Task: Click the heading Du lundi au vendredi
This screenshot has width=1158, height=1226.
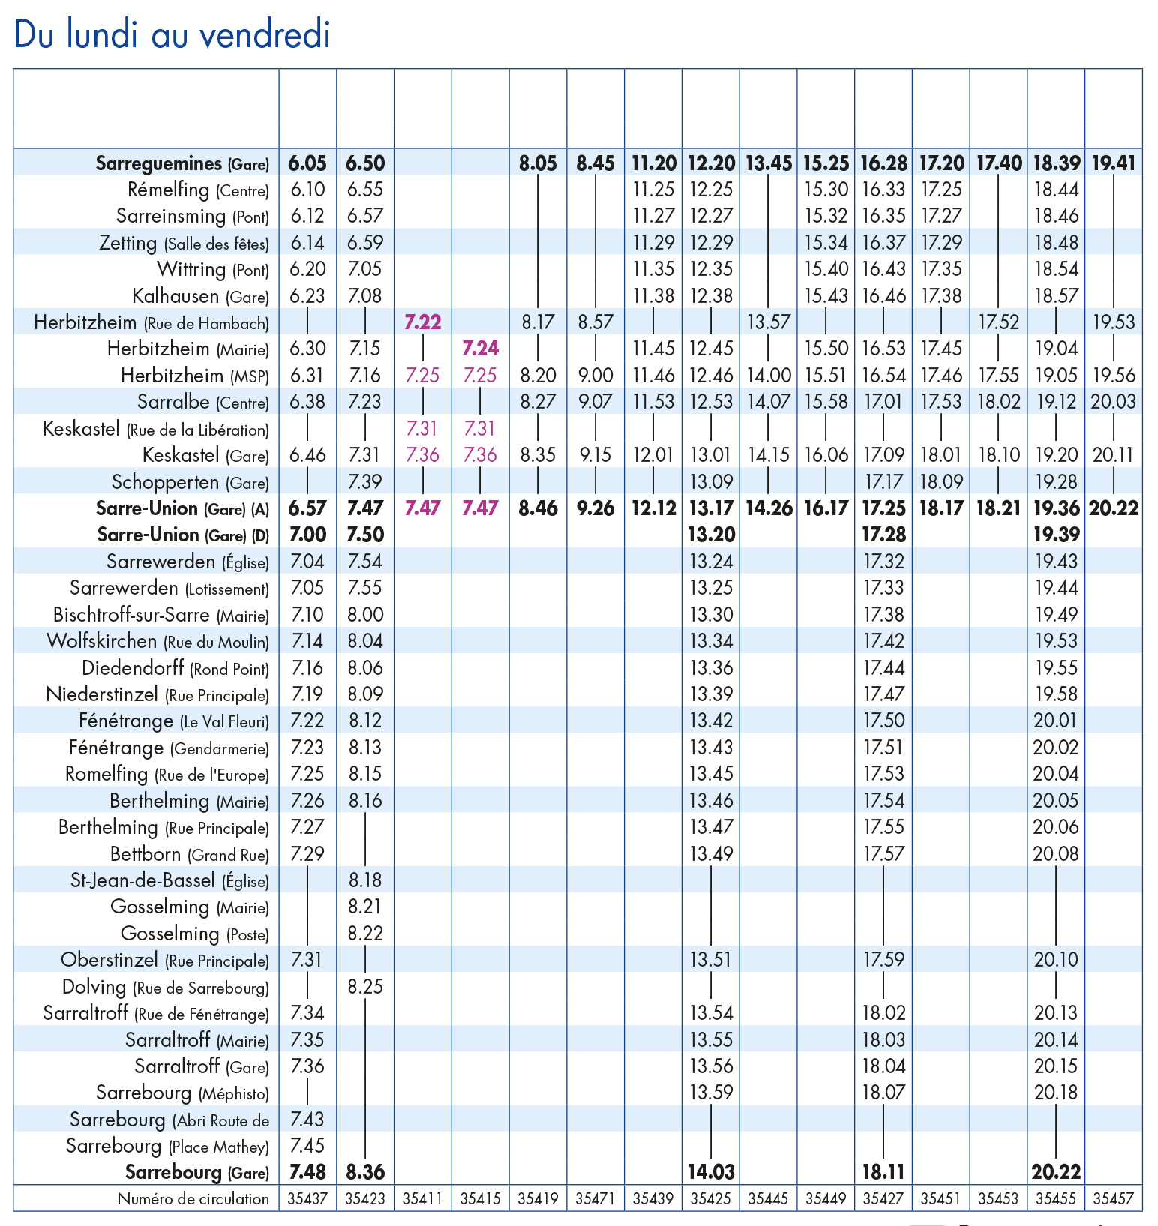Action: pos(172,34)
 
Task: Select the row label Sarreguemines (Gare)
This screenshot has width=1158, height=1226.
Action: pos(181,163)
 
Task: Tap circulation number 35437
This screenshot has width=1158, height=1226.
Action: pos(307,1198)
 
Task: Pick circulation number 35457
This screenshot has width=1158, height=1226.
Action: pos(1113,1198)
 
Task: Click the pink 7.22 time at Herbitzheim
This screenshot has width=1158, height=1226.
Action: pos(422,322)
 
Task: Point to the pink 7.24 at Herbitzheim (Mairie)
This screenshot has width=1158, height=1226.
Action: pos(480,349)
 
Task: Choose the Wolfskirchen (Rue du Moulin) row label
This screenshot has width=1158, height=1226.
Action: pos(157,642)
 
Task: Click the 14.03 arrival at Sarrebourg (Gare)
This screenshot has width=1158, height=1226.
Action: pos(711,1171)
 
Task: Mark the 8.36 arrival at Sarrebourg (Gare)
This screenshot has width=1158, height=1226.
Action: pos(365,1171)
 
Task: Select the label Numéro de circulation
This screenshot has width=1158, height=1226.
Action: pos(193,1198)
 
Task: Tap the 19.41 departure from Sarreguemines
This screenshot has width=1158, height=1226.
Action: pos(1113,163)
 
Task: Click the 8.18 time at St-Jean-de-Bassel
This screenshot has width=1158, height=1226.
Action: pos(365,880)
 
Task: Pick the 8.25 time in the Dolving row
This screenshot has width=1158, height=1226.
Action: pos(365,986)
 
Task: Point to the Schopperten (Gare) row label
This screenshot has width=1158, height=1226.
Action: pos(190,482)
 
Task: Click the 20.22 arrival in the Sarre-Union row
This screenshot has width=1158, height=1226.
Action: pos(1113,508)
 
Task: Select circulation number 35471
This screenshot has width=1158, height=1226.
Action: pos(595,1198)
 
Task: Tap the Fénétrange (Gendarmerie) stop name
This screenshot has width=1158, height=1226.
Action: pos(169,748)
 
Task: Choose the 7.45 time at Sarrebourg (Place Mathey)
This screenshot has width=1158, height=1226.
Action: pos(307,1145)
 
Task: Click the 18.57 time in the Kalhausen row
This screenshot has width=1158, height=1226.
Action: pos(1056,296)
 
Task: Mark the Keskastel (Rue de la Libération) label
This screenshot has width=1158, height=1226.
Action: pos(155,430)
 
